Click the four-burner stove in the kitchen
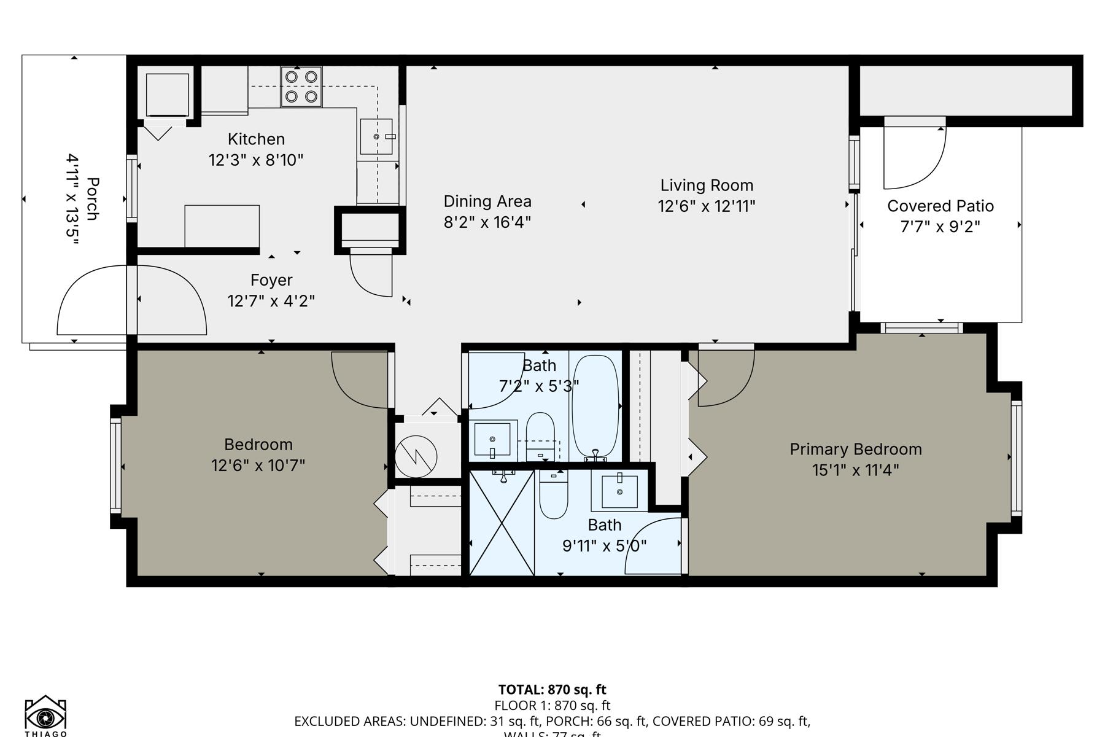pyautogui.click(x=301, y=87)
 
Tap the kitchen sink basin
pyautogui.click(x=376, y=136)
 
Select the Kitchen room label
pyautogui.click(x=256, y=139)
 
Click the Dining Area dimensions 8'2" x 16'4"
pyautogui.click(x=487, y=222)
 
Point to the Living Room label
pyautogui.click(x=707, y=185)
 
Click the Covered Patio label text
pyautogui.click(x=940, y=206)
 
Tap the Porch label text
pyautogui.click(x=93, y=199)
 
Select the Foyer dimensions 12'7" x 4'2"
pyautogui.click(x=271, y=302)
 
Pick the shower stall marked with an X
pyautogui.click(x=502, y=523)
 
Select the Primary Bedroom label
pyautogui.click(x=855, y=450)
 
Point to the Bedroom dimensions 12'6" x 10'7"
pyautogui.click(x=258, y=466)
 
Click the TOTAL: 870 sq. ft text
pyautogui.click(x=552, y=690)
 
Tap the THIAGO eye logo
pyautogui.click(x=45, y=716)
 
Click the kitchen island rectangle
pyautogui.click(x=222, y=226)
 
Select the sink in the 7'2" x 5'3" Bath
pyautogui.click(x=492, y=439)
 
